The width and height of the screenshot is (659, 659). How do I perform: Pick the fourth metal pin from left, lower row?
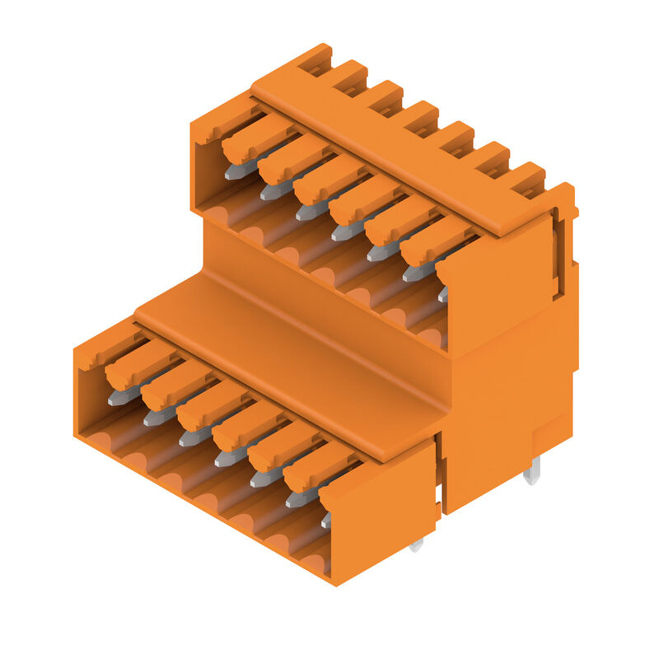point(229,457)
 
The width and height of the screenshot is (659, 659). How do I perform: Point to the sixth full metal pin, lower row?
point(301,498)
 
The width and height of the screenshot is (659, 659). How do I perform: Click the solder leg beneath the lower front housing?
point(416,544)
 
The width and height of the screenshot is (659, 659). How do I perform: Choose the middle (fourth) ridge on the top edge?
point(419,117)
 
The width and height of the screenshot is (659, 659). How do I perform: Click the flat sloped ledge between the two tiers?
point(288,346)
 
